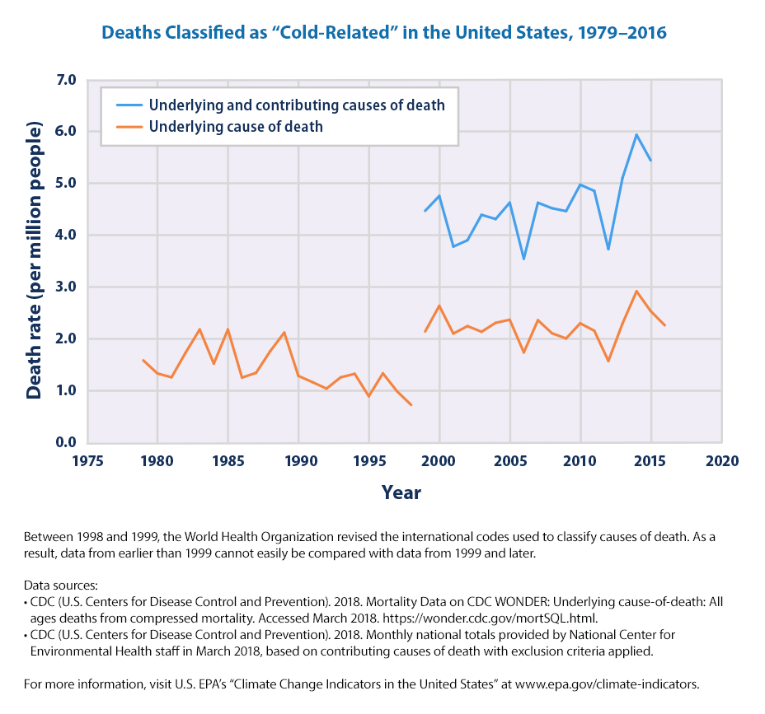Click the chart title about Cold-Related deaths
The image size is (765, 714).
383,35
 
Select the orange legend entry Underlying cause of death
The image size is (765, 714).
235,127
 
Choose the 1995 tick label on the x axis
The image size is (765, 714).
369,460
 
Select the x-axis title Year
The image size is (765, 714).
401,493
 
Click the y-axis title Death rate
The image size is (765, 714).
34,261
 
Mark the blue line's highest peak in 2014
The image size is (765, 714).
636,134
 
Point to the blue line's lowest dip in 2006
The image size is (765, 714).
523,259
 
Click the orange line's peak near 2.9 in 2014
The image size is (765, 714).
636,291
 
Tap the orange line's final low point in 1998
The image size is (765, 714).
411,404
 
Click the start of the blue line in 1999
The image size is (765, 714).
425,212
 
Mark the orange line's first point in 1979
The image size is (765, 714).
143,360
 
